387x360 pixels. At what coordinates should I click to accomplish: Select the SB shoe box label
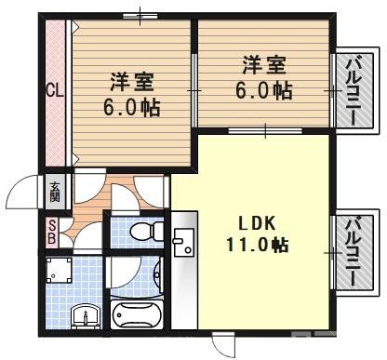[x=53, y=232]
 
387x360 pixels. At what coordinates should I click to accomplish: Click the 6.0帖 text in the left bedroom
[x=131, y=106]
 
